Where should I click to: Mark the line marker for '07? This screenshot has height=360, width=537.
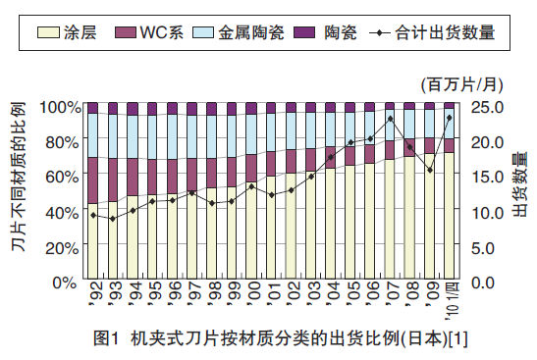point(390,119)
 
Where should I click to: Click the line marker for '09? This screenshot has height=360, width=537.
point(429,171)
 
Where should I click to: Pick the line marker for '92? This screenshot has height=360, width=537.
point(92,215)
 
